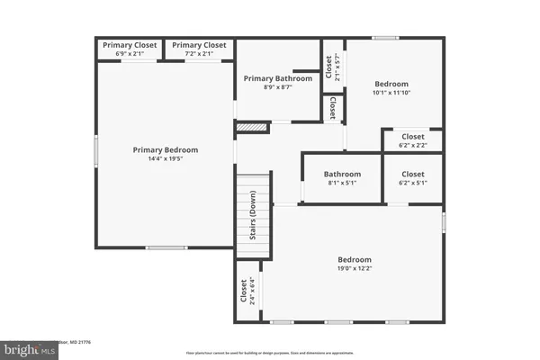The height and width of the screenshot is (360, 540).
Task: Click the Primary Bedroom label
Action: (166, 149)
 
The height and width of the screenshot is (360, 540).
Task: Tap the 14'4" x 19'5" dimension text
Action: (166, 159)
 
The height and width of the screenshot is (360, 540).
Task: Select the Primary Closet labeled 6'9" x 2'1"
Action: (130, 45)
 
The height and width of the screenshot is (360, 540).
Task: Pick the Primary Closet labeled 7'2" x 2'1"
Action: (199, 45)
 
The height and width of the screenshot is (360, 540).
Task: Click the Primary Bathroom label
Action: (279, 78)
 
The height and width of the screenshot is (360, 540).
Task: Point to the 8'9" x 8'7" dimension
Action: (279, 87)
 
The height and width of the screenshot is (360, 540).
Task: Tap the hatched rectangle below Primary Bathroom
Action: (253, 128)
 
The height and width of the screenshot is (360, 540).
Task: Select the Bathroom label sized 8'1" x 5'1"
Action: (342, 175)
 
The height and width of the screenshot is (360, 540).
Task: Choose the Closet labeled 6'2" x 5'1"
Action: (413, 175)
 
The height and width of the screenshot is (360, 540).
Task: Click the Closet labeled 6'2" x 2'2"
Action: (413, 137)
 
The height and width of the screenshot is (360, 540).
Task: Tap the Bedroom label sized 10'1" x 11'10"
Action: (391, 84)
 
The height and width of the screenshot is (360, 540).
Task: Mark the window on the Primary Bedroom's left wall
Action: (96, 150)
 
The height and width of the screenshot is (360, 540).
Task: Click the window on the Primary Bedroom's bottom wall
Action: (166, 247)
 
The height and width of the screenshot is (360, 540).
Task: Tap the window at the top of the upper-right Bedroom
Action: (386, 38)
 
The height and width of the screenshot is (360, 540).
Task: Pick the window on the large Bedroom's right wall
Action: (444, 221)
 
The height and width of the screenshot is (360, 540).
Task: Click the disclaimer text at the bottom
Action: (270, 352)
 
